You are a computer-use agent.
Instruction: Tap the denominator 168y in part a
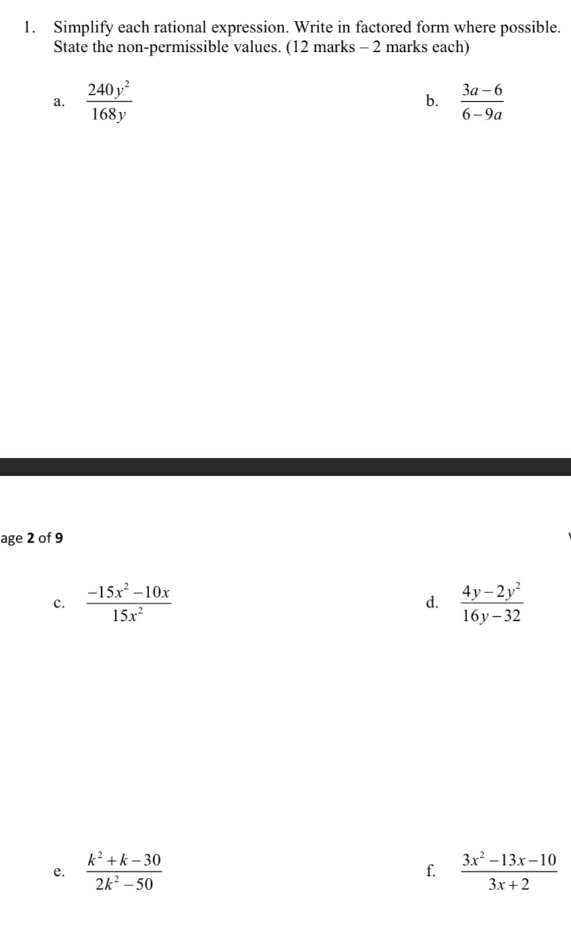(107, 115)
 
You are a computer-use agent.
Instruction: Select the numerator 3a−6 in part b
(483, 88)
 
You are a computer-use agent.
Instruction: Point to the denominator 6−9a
(483, 115)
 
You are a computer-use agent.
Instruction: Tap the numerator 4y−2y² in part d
(492, 592)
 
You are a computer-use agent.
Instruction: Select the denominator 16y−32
(492, 617)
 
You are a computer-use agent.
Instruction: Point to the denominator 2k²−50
(124, 885)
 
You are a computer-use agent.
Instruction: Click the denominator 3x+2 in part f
(509, 885)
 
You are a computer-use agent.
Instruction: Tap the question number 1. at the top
(28, 28)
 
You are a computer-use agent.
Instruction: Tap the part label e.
(59, 873)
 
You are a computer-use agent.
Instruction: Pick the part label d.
(432, 603)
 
